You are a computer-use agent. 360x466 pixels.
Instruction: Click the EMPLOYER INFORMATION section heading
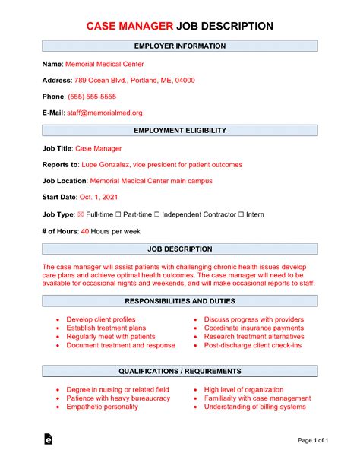click(x=179, y=46)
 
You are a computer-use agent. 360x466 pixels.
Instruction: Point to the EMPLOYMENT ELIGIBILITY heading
click(x=179, y=132)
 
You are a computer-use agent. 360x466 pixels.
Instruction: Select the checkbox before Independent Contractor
click(x=158, y=214)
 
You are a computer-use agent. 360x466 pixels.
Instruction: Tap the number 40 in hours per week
click(x=84, y=231)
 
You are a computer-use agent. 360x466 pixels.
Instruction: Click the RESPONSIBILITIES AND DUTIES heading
click(x=179, y=301)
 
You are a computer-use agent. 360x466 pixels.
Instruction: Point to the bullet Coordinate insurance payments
click(x=253, y=328)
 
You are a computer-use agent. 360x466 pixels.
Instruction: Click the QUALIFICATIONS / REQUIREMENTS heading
click(x=179, y=371)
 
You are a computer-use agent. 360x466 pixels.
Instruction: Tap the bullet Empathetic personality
click(x=102, y=407)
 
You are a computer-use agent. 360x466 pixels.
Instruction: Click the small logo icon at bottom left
click(x=49, y=439)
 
